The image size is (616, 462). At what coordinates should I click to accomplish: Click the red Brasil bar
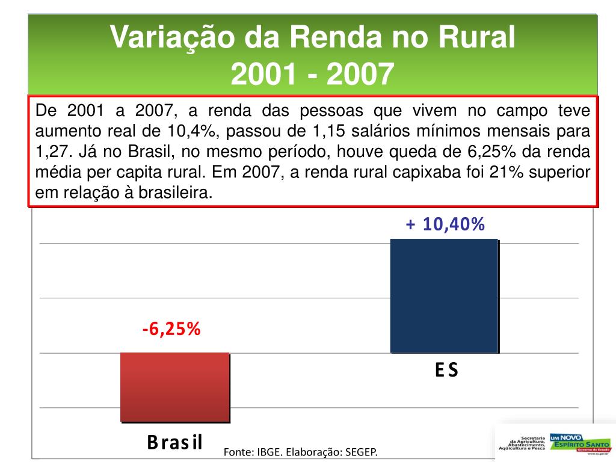(174, 387)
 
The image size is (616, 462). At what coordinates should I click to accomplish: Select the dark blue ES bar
(444, 296)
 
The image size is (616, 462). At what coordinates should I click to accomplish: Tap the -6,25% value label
(171, 330)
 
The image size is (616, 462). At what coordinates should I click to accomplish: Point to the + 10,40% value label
(445, 224)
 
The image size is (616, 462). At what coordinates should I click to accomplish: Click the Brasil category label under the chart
(175, 442)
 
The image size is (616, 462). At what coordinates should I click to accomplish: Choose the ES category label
(446, 370)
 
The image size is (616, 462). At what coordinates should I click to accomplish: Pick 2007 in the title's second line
(360, 75)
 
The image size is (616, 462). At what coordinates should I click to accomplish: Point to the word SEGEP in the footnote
(362, 452)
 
